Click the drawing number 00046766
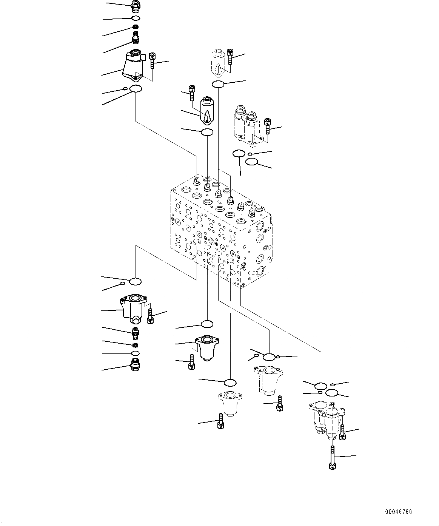pos(398,512)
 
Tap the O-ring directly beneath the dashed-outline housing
pos(218,84)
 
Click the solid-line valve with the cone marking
pos(206,110)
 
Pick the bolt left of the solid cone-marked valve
pos(192,93)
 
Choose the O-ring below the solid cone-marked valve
pos(207,132)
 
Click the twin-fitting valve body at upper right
pos(246,125)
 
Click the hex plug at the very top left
pos(135,6)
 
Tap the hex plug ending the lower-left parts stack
pos(134,365)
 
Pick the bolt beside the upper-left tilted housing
pos(152,61)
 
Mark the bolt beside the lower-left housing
pos(150,316)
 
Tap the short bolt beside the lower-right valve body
pos(342,432)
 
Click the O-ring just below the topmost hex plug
pos(136,18)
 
